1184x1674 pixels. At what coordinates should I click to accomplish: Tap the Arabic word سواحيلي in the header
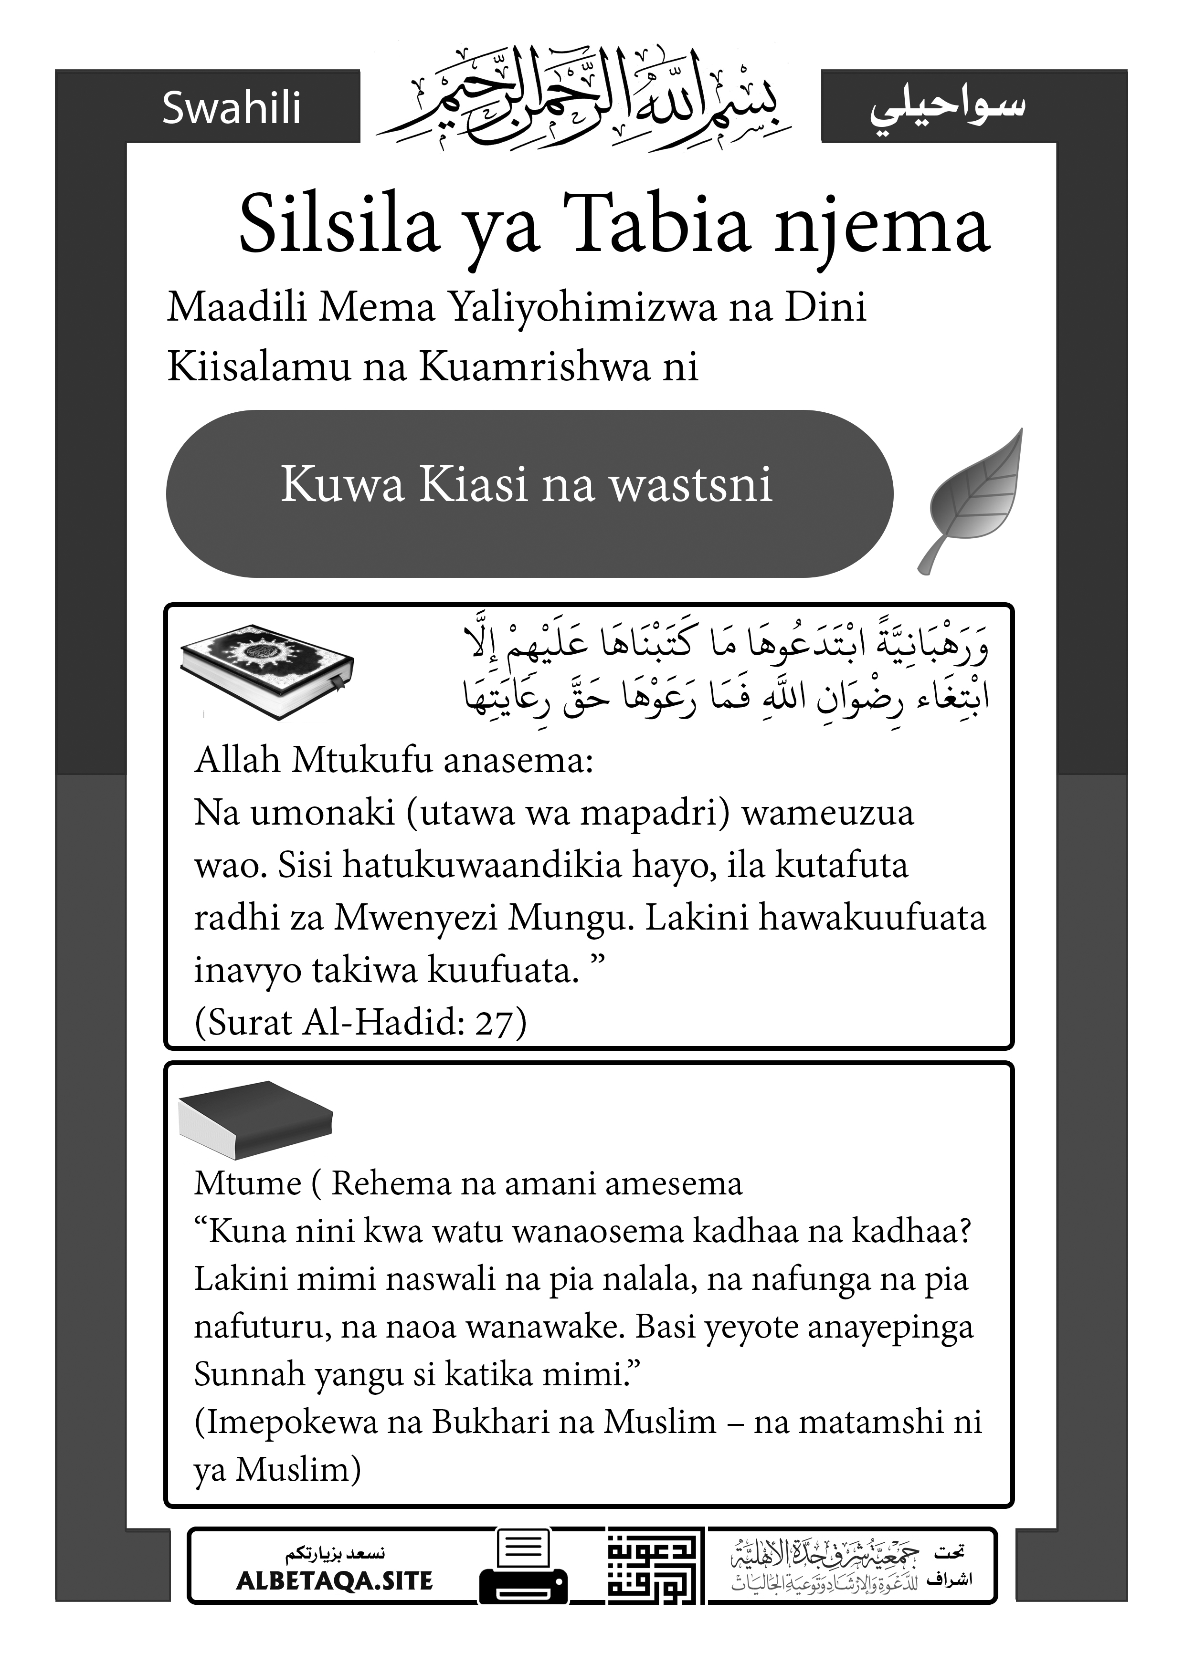pos(947,108)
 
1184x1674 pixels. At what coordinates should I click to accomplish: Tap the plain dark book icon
pos(255,1119)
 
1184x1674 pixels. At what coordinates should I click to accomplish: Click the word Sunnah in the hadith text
pos(250,1374)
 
